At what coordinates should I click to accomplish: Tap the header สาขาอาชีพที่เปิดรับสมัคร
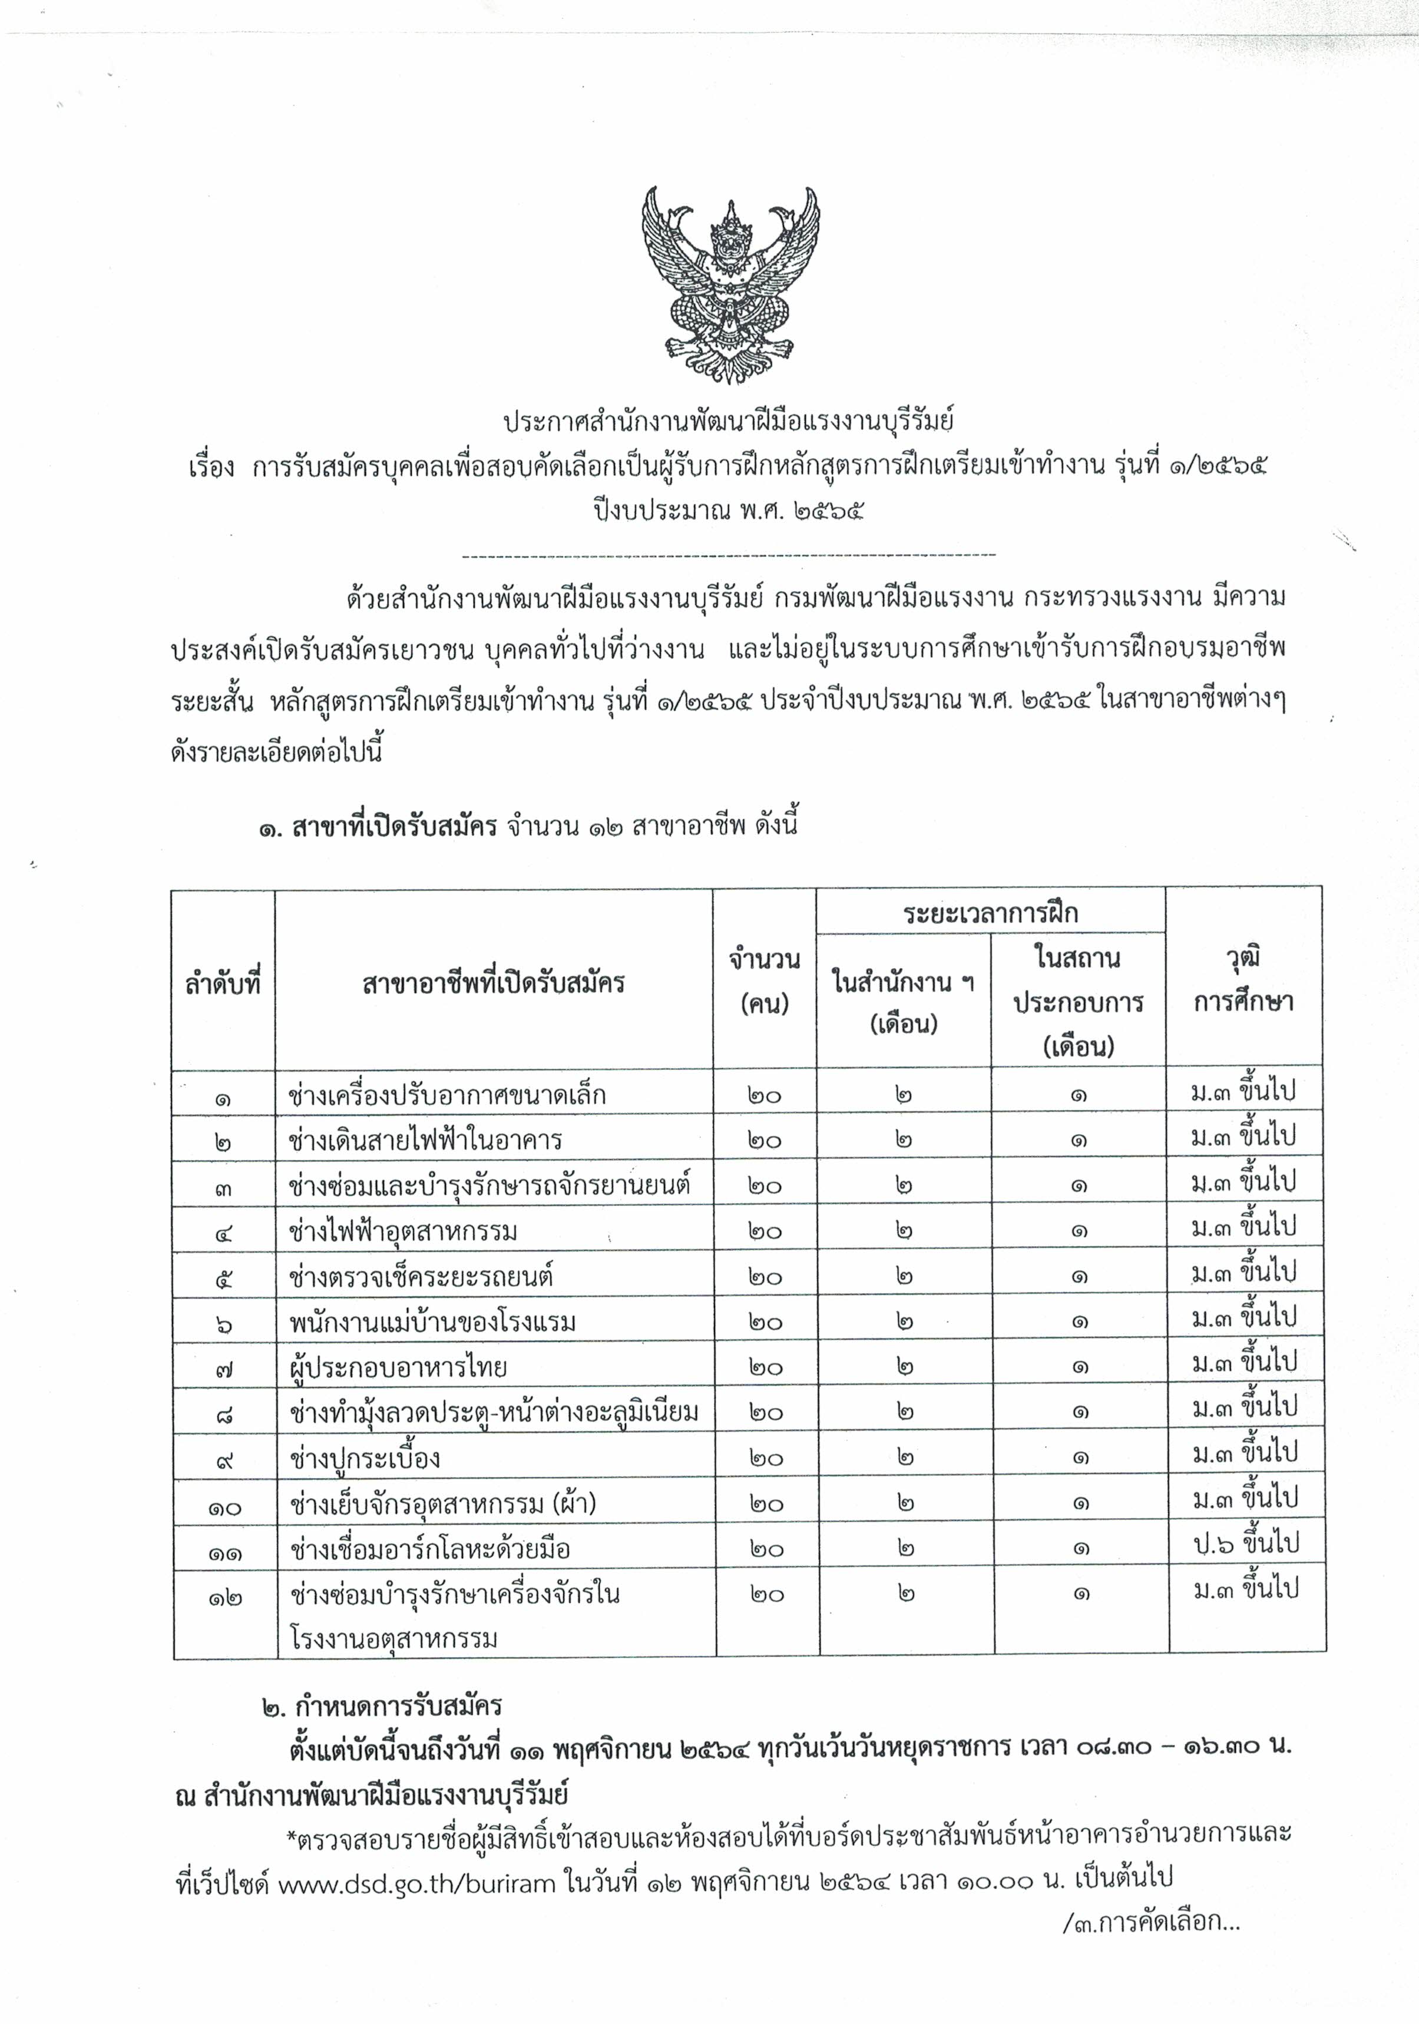494,982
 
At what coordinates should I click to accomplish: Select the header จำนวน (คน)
765,981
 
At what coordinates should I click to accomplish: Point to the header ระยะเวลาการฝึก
990,912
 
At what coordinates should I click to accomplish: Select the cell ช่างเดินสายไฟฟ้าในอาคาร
425,1141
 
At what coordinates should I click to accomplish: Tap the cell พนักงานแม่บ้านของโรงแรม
432,1322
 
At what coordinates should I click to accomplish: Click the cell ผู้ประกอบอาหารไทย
398,1368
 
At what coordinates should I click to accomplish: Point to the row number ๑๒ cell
224,1596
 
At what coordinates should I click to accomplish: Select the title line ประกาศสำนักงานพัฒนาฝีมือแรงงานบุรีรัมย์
729,422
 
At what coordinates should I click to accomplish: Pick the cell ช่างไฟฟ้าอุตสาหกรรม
402,1231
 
